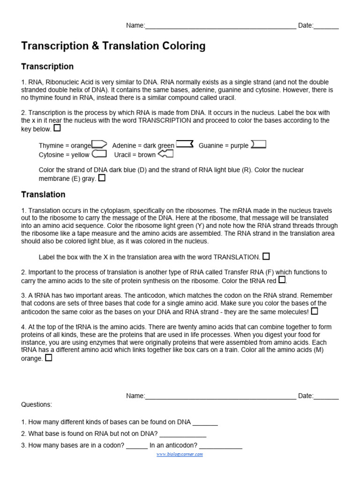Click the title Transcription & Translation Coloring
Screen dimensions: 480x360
pos(113,46)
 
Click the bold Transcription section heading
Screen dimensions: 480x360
pos(47,67)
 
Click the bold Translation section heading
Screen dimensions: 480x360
pos(44,195)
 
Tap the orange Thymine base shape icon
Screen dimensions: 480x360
pos(99,145)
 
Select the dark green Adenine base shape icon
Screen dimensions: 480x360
pos(184,144)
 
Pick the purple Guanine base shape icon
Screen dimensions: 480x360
pos(258,144)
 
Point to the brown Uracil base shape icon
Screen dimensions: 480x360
pos(166,154)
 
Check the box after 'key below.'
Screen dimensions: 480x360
pos(57,128)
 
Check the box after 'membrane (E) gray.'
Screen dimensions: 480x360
pos(102,178)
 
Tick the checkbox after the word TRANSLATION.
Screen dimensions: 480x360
pos(266,256)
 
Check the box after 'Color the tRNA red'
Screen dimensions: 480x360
pos(282,280)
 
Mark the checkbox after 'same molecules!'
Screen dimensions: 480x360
pos(315,311)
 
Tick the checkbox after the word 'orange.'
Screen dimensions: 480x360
pos(49,358)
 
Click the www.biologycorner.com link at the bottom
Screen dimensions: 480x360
pos(180,454)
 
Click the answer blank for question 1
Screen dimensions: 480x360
pos(205,422)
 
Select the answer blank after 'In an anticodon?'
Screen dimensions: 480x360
pos(220,446)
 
